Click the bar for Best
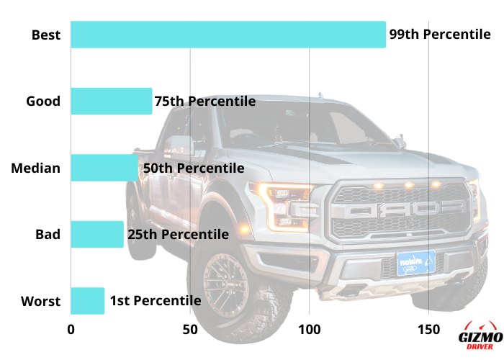point(228,35)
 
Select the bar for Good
point(111,102)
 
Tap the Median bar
point(104,168)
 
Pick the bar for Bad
point(96,234)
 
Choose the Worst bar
point(87,300)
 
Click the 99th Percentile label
point(440,35)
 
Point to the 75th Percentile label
point(205,102)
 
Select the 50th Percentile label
point(194,168)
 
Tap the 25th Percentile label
point(178,234)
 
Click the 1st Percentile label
point(155,300)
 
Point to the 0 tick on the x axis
point(71,329)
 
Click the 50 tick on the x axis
point(189,329)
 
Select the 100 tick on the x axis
point(309,329)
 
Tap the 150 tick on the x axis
point(428,329)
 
